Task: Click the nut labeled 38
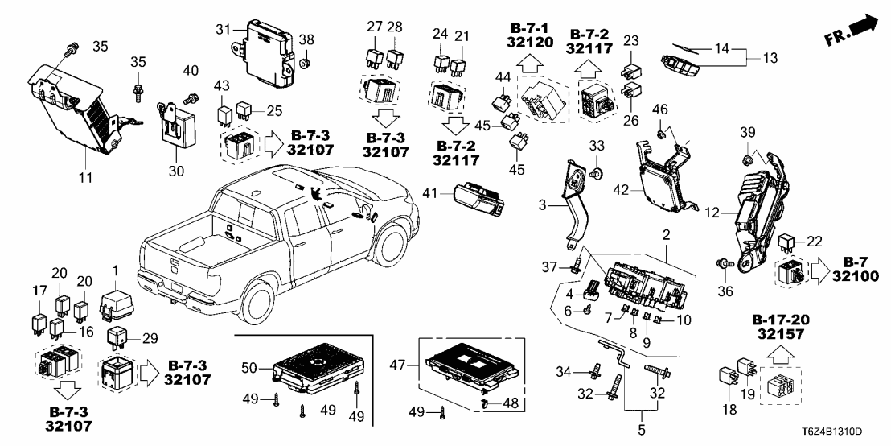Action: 306,61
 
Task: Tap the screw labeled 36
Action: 723,262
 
